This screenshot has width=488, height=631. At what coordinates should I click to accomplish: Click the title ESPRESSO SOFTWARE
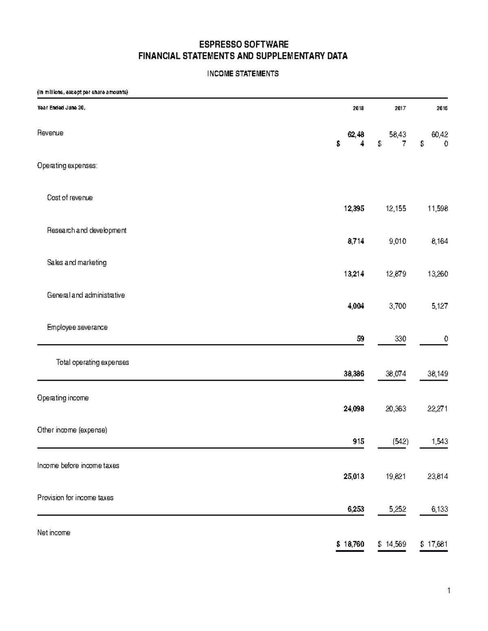(x=243, y=44)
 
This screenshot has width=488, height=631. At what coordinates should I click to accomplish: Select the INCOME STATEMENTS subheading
(x=243, y=74)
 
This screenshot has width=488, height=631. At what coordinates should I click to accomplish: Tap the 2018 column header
(x=358, y=108)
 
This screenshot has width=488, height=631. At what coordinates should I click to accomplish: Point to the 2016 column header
(x=442, y=108)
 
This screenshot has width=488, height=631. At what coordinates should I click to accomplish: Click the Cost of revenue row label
(x=70, y=198)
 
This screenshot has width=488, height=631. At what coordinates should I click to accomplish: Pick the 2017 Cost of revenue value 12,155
(x=396, y=209)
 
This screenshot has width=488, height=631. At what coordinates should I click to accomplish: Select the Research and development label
(x=87, y=230)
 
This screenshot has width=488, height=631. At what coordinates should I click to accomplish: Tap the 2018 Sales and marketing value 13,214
(x=354, y=274)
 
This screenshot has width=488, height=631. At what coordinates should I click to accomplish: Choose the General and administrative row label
(x=86, y=295)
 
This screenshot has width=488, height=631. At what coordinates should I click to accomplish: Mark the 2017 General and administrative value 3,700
(x=397, y=306)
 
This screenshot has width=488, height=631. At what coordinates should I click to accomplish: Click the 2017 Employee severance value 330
(x=400, y=338)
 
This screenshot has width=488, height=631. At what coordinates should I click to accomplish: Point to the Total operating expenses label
(x=92, y=362)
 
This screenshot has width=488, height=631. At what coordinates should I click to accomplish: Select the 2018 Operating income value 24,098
(x=354, y=409)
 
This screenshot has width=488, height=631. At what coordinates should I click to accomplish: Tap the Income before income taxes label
(x=78, y=466)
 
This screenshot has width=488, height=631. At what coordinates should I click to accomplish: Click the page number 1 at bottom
(x=449, y=591)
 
